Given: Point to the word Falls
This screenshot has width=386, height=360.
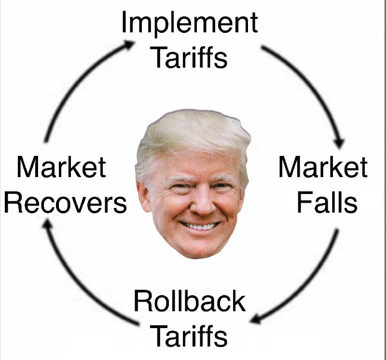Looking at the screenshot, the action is pos(327,202).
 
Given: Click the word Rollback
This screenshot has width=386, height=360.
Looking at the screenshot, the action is pos(190,301).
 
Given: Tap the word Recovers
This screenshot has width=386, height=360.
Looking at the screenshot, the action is pos(66,202).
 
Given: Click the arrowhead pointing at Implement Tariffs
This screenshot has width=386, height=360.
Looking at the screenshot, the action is pos(129,44).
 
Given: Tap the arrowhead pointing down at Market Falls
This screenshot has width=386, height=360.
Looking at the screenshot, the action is pos(340,143).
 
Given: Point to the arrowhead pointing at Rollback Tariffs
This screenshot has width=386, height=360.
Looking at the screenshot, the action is pos(255,319).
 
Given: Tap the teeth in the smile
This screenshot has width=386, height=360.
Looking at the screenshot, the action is pos(200,226).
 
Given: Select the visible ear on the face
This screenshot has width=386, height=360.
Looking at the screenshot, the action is pos(143,197).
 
